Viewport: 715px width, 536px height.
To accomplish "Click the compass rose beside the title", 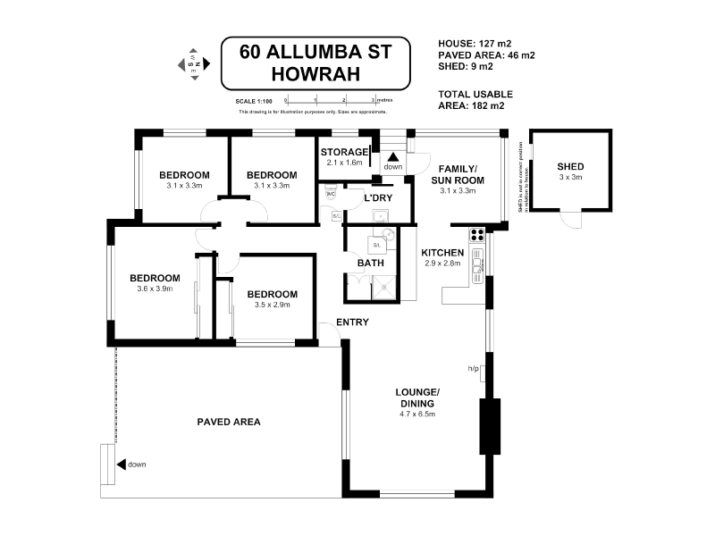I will [194, 64].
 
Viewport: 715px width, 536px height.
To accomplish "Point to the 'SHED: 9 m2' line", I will [465, 67].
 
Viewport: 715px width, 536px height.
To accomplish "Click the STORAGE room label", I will [344, 152].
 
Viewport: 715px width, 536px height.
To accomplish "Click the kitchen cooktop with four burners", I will [477, 238].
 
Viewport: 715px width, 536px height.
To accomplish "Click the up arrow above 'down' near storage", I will [392, 156].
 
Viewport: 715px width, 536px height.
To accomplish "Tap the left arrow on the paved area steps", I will [121, 464].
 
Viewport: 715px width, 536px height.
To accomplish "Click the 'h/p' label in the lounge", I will [474, 368].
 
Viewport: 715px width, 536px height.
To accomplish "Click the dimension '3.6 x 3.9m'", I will [155, 289].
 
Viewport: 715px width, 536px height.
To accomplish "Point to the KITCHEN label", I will [441, 252].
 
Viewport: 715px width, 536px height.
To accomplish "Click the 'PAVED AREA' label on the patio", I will [229, 422].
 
